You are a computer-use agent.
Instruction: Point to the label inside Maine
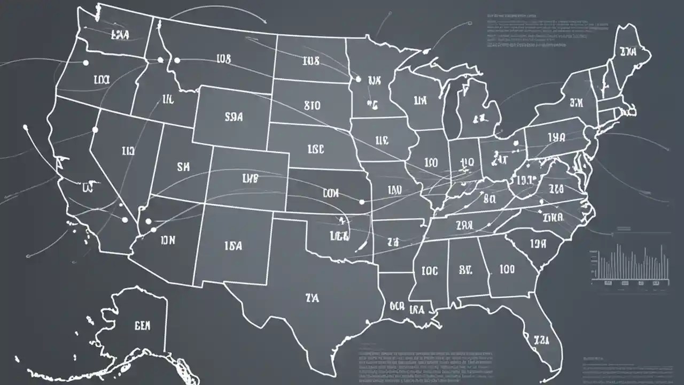(628, 52)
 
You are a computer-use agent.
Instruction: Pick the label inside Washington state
(120, 35)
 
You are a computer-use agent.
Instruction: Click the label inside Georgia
(507, 269)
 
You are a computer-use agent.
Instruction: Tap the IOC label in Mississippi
(429, 271)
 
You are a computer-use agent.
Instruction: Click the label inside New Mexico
(233, 246)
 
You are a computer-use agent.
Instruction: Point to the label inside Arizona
(167, 241)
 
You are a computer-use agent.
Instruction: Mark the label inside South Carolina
(539, 244)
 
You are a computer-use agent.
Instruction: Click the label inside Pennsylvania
(556, 137)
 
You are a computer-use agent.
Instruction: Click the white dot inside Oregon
(85, 63)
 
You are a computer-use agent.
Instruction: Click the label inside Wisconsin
(420, 100)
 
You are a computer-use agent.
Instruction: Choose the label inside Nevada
(128, 152)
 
